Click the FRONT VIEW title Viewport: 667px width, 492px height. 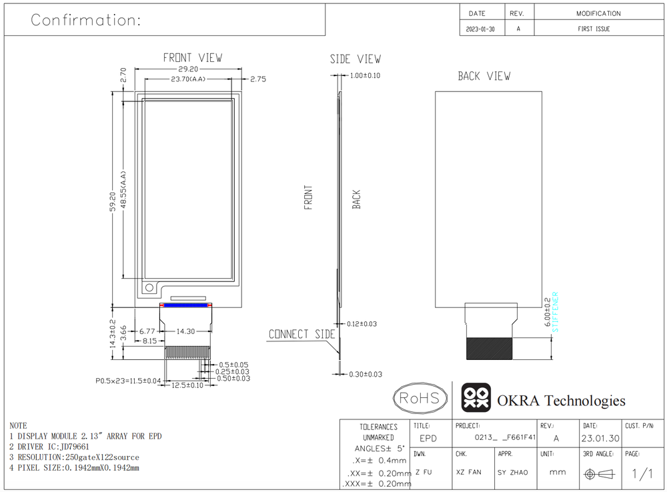click(193, 58)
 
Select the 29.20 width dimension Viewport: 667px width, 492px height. click(188, 69)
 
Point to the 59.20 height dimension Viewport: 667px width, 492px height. click(112, 201)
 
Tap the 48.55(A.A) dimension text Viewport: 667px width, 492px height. click(123, 189)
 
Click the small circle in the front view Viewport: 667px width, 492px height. click(149, 287)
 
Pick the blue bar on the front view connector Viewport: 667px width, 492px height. click(185, 305)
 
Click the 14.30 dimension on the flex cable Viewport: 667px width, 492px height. click(186, 331)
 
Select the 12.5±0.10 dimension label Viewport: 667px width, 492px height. click(187, 385)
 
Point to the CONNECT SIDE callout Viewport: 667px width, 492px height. click(302, 334)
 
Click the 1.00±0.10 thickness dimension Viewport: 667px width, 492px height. click(365, 76)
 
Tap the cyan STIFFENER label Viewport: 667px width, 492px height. click(555, 312)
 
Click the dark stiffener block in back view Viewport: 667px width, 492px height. click(489, 349)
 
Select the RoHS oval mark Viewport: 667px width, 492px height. click(420, 398)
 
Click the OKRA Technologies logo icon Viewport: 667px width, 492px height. click(476, 397)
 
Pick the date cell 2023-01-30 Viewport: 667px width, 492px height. click(480, 29)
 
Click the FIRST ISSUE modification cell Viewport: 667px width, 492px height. click(594, 29)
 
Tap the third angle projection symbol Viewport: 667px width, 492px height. click(600, 474)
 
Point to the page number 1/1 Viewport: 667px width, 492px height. click(642, 473)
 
